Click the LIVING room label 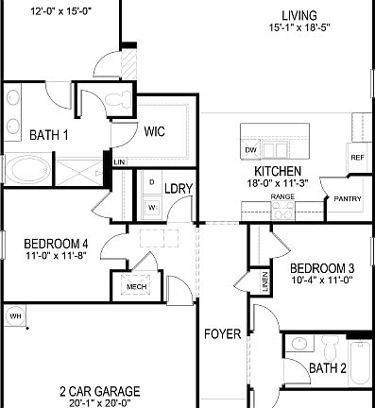[298, 15]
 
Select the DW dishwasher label [250, 150]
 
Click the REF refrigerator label [357, 158]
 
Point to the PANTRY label [341, 199]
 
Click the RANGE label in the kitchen [282, 197]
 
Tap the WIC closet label [155, 132]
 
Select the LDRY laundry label [179, 189]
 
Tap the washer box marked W [151, 205]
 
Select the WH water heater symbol [14, 315]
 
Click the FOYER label [223, 334]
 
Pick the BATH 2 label [328, 367]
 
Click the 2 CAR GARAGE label [99, 390]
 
